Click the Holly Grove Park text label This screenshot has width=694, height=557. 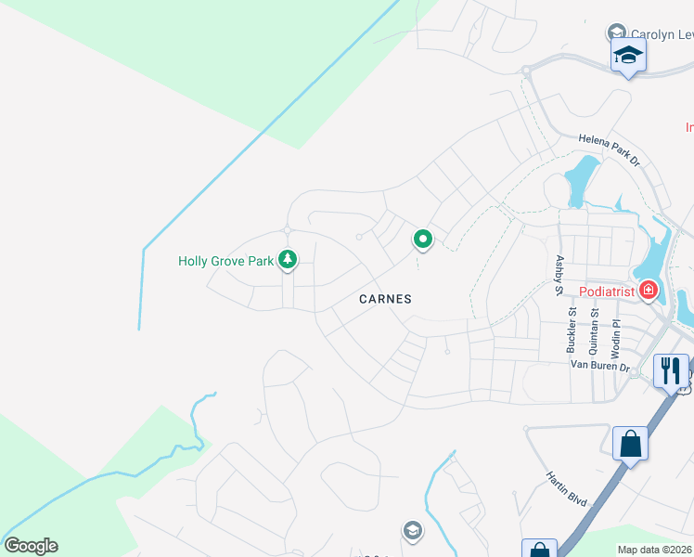225,261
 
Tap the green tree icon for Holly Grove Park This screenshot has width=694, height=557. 288,260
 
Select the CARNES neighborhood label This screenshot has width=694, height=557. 386,299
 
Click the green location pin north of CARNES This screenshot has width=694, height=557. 423,240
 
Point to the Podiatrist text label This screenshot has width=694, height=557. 607,291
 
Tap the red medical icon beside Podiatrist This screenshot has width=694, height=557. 648,291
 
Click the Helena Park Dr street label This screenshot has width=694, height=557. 610,149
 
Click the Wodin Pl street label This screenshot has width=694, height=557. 614,338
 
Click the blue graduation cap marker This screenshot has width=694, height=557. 628,55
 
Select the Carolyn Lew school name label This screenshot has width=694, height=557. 661,34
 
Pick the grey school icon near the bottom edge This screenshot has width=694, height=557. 412,530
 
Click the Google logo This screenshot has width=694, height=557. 31,546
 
